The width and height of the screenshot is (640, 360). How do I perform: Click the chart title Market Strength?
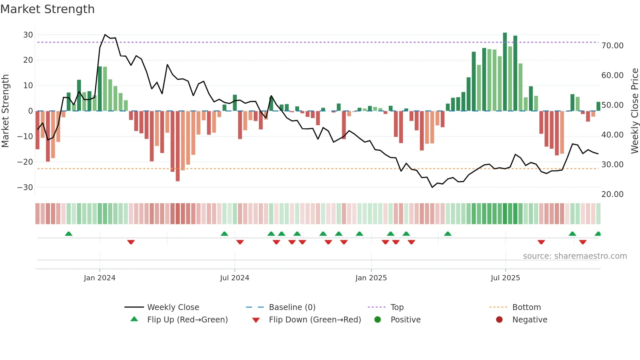[x=47, y=9]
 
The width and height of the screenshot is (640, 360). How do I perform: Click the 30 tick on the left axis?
[x=28, y=35]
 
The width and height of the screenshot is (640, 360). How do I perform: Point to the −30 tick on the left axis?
[x=25, y=188]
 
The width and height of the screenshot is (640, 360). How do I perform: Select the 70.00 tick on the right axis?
[x=612, y=46]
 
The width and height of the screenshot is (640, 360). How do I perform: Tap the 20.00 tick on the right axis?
[x=612, y=194]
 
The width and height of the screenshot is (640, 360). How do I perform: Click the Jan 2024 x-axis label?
[x=99, y=278]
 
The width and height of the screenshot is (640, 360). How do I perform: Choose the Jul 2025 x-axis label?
[x=505, y=278]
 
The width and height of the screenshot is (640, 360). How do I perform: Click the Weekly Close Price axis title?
[x=634, y=111]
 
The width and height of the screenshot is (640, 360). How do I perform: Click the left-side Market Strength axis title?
[x=5, y=111]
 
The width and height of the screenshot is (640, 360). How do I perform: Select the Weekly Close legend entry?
[x=173, y=307]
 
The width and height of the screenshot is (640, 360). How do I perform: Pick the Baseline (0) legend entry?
[x=292, y=307]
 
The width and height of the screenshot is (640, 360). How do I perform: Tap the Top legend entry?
[x=397, y=307]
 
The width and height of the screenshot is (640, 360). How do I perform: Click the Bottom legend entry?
[x=526, y=307]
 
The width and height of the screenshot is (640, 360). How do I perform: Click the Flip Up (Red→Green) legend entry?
[x=187, y=320]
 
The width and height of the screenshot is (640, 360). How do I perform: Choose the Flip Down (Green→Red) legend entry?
[x=315, y=320]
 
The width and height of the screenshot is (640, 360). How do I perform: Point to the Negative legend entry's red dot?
[x=499, y=320]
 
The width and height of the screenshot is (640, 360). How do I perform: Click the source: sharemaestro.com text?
[x=575, y=256]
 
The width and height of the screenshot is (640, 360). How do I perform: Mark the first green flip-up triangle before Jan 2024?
[x=69, y=234]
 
